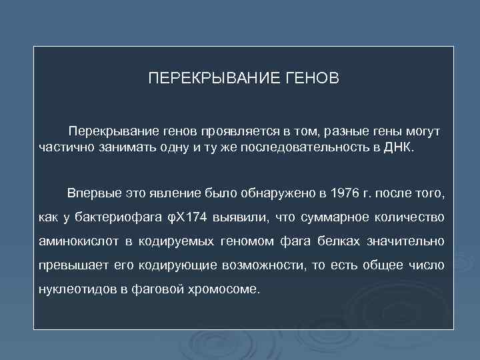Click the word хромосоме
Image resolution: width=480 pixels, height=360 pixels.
[x=226, y=289]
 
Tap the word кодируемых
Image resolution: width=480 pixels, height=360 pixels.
[x=176, y=241]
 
